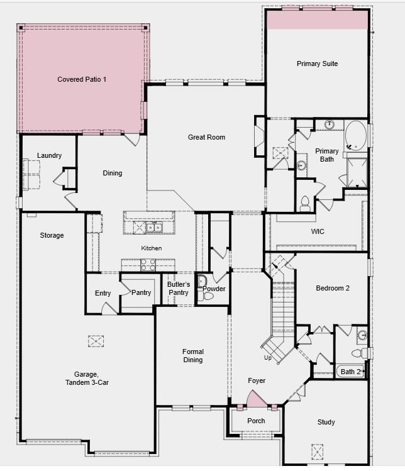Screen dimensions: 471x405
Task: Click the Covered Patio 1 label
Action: (82, 79)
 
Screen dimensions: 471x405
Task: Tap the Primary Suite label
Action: (317, 64)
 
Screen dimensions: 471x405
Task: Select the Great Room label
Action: (206, 137)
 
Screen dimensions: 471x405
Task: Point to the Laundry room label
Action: (49, 155)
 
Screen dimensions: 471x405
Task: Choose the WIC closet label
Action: (318, 231)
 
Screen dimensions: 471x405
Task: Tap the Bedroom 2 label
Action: (332, 288)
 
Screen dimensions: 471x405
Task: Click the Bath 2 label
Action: (350, 372)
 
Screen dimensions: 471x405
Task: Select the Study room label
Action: (326, 422)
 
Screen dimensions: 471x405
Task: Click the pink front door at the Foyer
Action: (257, 399)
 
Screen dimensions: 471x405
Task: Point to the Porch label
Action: (256, 421)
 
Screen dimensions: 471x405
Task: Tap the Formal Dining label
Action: (193, 356)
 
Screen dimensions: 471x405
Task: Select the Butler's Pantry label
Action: (179, 289)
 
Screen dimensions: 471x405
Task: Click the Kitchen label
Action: (151, 248)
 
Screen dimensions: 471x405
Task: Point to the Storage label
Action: (52, 235)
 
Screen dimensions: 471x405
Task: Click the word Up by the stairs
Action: (268, 358)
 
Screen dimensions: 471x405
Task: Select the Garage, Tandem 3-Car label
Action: (87, 378)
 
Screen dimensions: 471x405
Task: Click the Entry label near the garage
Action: (103, 293)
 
